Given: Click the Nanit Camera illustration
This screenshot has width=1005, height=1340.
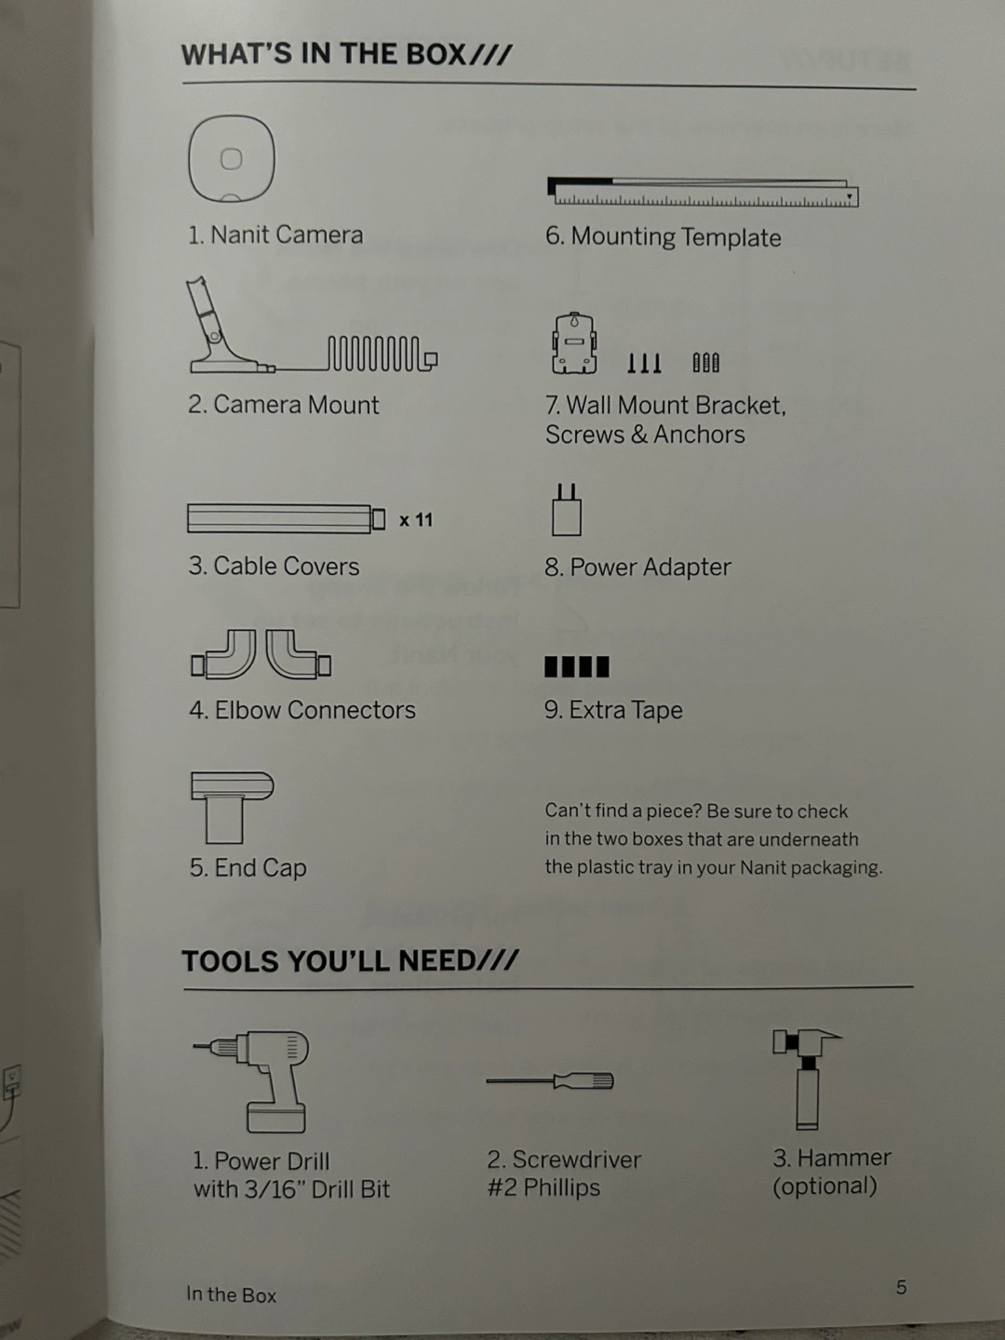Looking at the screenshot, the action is [x=232, y=159].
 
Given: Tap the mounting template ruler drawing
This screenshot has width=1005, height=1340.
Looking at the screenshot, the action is [x=703, y=193].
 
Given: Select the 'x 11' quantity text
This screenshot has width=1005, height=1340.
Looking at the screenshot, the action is [x=416, y=520].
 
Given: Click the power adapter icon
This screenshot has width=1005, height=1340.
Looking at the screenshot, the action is [x=567, y=510].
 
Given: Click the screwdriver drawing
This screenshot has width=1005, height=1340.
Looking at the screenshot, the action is [x=550, y=1081].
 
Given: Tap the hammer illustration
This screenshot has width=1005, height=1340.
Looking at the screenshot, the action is [x=807, y=1079].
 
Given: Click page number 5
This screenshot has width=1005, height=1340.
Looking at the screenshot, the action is [x=902, y=1288].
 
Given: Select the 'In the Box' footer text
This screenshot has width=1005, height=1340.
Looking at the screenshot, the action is [x=232, y=1294].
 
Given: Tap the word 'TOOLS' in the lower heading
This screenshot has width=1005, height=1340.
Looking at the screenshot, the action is [x=230, y=961].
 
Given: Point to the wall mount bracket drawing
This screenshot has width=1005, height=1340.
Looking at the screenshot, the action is [x=573, y=343].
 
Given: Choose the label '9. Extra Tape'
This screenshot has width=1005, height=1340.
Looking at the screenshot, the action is [x=613, y=710].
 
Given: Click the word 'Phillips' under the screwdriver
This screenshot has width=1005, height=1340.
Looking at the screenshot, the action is [x=561, y=1187].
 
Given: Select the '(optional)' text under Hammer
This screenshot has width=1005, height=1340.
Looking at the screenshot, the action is [x=824, y=1186].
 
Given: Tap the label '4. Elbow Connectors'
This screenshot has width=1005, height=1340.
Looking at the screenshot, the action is [x=302, y=710].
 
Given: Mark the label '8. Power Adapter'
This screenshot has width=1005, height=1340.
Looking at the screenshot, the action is [x=637, y=567].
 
